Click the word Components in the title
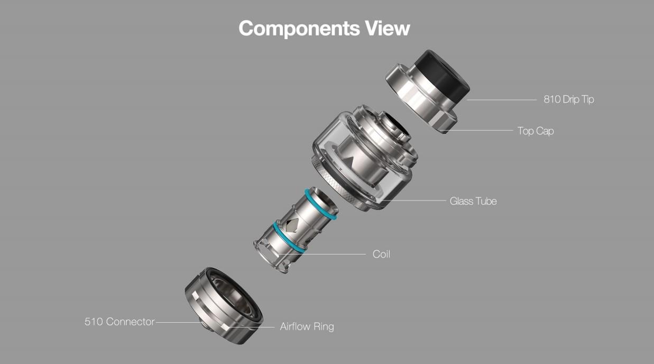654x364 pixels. tap(299, 29)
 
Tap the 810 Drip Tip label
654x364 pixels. tap(569, 99)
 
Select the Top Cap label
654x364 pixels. tap(536, 131)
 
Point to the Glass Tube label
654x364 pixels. tap(473, 201)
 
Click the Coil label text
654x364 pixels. tap(381, 254)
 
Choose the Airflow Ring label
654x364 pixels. tap(307, 326)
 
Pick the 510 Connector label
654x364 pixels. tap(119, 322)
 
